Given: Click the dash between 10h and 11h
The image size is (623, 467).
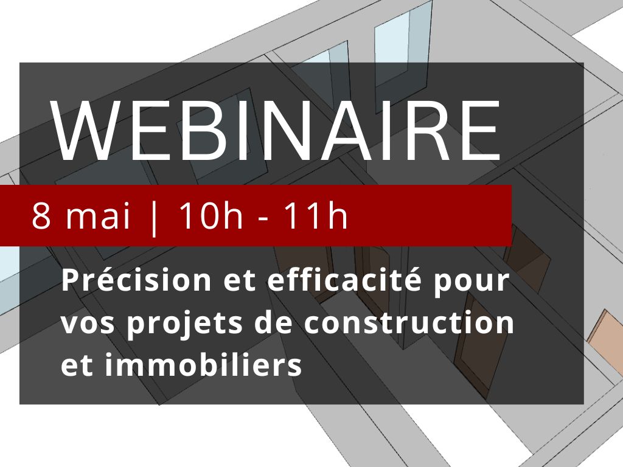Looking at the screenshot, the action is [263, 219].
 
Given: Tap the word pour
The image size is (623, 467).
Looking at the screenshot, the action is [472, 283].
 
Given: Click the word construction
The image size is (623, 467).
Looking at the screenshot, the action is [409, 322].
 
